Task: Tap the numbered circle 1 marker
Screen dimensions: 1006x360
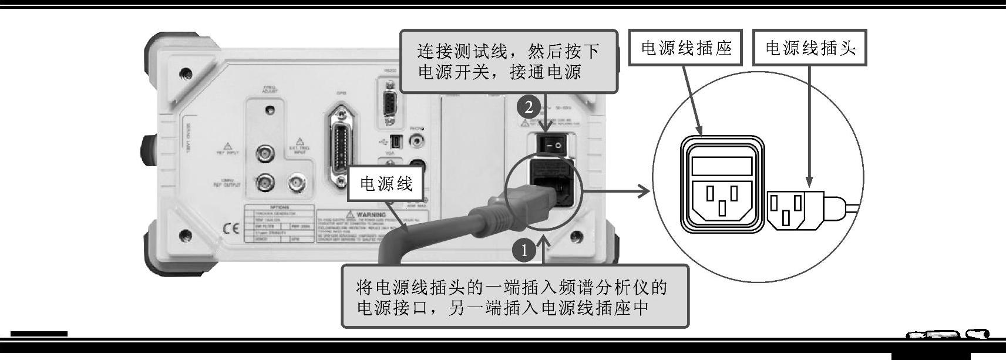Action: click(x=524, y=251)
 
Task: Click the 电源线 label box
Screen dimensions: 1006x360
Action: click(x=386, y=184)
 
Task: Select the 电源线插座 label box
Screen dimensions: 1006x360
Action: click(x=686, y=48)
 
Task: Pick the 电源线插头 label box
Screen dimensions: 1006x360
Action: click(x=810, y=48)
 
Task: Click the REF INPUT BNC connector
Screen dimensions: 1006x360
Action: click(x=265, y=154)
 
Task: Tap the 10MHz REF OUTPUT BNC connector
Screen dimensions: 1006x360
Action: click(x=265, y=183)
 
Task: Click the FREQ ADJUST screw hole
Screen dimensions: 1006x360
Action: click(x=269, y=110)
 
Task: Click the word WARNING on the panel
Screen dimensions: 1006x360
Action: click(x=370, y=215)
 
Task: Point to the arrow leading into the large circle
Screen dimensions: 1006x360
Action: click(x=617, y=190)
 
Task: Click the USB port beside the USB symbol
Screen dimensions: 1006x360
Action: click(x=396, y=142)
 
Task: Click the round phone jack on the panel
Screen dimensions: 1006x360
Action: click(x=418, y=140)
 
